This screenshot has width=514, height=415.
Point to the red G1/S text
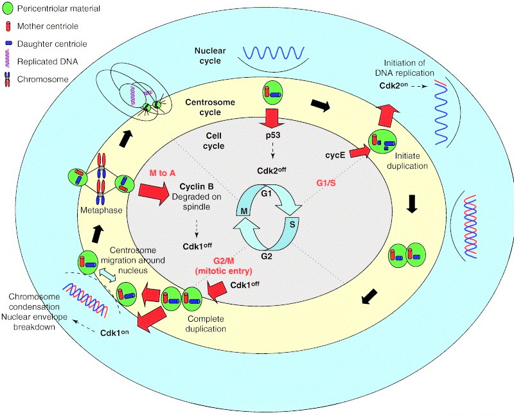coord(328,183)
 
